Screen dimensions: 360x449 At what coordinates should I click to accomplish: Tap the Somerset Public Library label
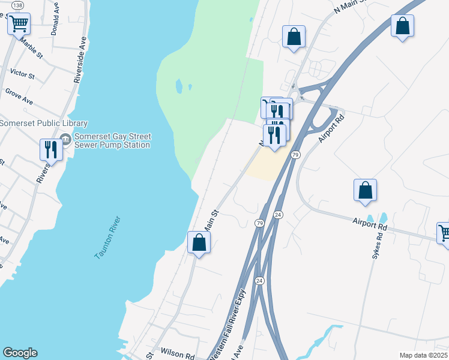[x=43, y=124]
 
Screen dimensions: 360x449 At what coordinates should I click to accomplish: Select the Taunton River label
[x=108, y=238]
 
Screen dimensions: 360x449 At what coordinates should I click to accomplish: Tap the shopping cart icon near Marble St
[x=19, y=24]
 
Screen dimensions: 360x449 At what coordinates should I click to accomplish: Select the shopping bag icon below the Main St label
[x=199, y=242]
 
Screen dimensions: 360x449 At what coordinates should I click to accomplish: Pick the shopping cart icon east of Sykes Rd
[x=444, y=232]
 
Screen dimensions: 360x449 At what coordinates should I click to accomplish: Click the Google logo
[x=20, y=353]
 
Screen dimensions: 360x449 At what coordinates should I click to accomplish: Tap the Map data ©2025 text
[x=423, y=355]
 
